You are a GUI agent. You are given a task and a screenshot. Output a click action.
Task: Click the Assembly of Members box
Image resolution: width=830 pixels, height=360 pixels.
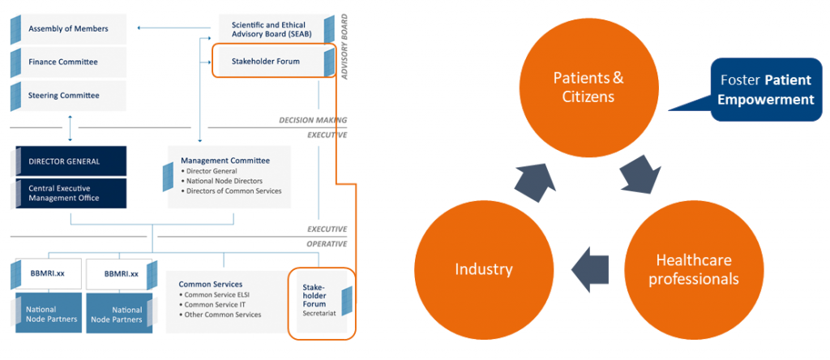[x=68, y=29]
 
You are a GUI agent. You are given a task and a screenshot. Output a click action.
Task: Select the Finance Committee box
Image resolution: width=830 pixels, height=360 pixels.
[x=68, y=62]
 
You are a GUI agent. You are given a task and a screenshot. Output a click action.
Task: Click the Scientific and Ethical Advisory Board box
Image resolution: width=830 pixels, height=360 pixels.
[x=272, y=29]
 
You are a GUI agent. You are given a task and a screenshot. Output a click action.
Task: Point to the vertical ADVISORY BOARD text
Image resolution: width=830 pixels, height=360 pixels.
[x=344, y=46]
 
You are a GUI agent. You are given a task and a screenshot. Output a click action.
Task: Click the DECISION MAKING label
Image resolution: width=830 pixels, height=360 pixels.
[x=313, y=120]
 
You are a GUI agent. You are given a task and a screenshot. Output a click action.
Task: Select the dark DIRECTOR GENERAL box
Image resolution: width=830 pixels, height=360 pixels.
[x=68, y=161]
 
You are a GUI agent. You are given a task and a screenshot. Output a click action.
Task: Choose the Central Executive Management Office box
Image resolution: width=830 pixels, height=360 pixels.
[x=68, y=193]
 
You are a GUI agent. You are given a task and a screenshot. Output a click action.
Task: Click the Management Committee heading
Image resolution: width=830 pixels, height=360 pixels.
[x=225, y=161]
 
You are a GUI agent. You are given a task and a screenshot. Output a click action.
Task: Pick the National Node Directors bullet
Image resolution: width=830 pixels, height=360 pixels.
[x=224, y=181]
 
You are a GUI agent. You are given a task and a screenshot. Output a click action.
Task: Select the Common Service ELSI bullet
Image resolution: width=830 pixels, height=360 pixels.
[x=219, y=294]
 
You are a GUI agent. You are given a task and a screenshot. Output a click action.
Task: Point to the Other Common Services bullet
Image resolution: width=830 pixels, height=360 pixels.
[x=222, y=315]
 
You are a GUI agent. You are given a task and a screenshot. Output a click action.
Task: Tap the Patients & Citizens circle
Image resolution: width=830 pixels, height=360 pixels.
[x=588, y=87]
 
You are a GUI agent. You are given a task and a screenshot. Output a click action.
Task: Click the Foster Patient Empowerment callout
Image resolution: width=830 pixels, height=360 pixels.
[x=767, y=89]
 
